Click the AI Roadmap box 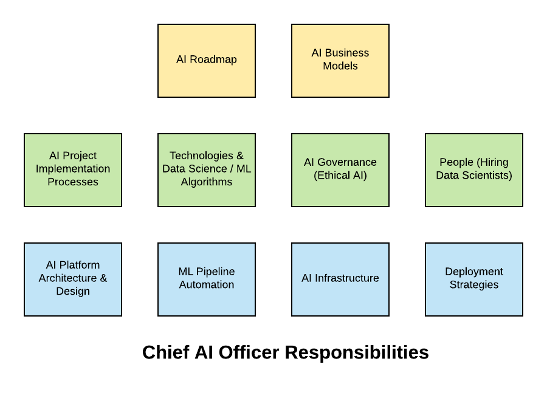(x=207, y=61)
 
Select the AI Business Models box (x=340, y=61)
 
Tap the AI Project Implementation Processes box (x=73, y=170)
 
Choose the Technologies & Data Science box (x=207, y=170)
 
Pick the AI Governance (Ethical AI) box (x=340, y=170)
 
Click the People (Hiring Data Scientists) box (x=473, y=170)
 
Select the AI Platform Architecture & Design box (x=73, y=279)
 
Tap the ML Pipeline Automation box (x=207, y=279)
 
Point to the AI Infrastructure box (x=340, y=279)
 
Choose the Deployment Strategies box (x=473, y=279)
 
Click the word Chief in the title (x=166, y=352)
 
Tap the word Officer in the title (x=249, y=352)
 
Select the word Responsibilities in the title (x=357, y=352)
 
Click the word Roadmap (x=213, y=60)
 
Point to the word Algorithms (x=207, y=182)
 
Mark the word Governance (x=347, y=162)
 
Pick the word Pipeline (x=215, y=272)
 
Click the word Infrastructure (x=347, y=278)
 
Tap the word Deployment (x=473, y=272)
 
